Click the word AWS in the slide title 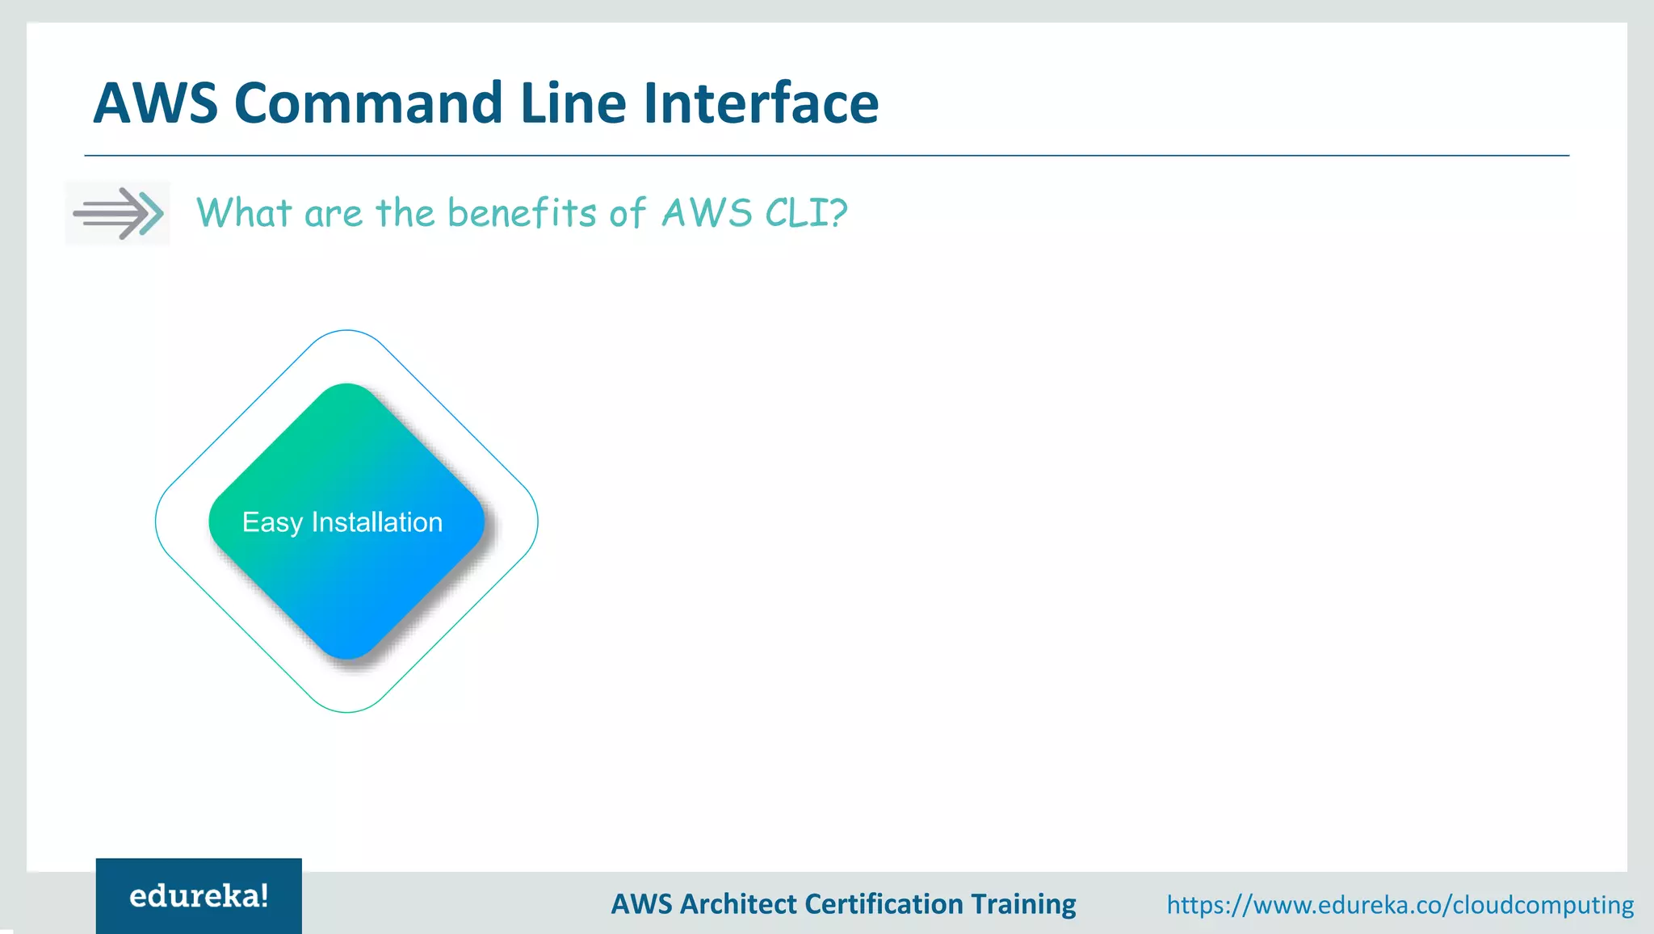(156, 103)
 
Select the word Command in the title (368, 103)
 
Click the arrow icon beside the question (118, 213)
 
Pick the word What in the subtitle (244, 213)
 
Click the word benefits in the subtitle (522, 213)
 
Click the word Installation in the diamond (377, 522)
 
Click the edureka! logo (199, 896)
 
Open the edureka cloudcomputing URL (1400, 904)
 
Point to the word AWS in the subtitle (707, 213)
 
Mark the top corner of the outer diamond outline (346, 331)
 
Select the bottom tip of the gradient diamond (347, 658)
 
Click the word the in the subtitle (405, 213)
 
